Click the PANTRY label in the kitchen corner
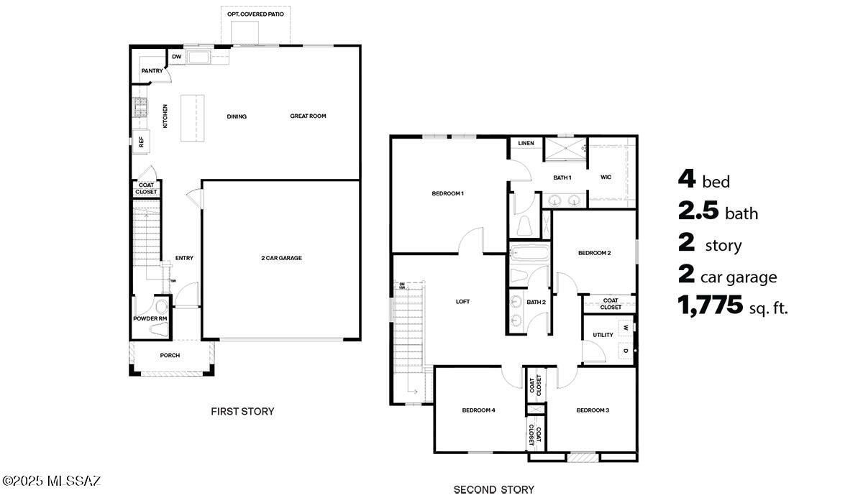point(152,70)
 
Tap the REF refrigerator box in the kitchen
point(141,141)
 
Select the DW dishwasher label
point(176,57)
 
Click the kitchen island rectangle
point(192,117)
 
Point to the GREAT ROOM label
point(308,116)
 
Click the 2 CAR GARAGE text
point(281,257)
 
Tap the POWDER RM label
point(150,318)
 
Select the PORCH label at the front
point(170,355)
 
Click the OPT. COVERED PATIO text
point(255,14)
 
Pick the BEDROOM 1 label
point(447,193)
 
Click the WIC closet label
point(606,177)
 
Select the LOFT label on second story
point(462,301)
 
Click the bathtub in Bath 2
point(529,252)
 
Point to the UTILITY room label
point(603,335)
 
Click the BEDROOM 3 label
point(593,410)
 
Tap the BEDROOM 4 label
point(478,410)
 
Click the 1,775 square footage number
point(710,306)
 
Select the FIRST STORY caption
point(242,412)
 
